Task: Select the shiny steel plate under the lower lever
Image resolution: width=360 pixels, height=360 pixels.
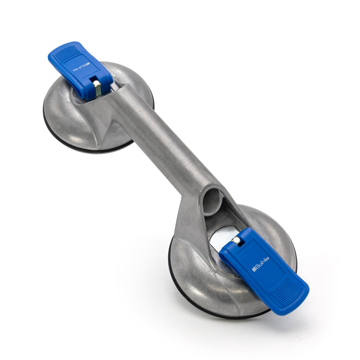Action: pos(220,238)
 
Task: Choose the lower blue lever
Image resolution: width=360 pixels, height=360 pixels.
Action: pos(265,270)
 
